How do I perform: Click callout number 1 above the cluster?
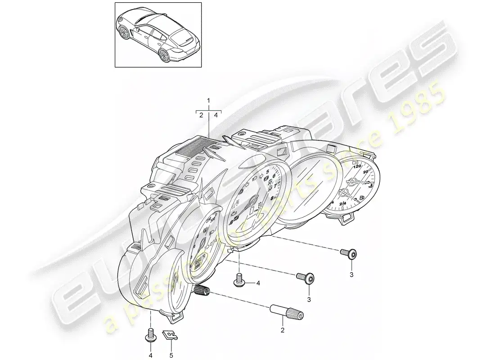208,99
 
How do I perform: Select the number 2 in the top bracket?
201,115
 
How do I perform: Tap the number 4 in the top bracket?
216,115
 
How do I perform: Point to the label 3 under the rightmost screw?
351,274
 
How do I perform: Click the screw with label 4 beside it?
238,280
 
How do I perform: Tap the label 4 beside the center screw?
258,283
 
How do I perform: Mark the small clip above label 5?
170,335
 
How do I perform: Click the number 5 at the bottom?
171,355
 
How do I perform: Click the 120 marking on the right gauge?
357,166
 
